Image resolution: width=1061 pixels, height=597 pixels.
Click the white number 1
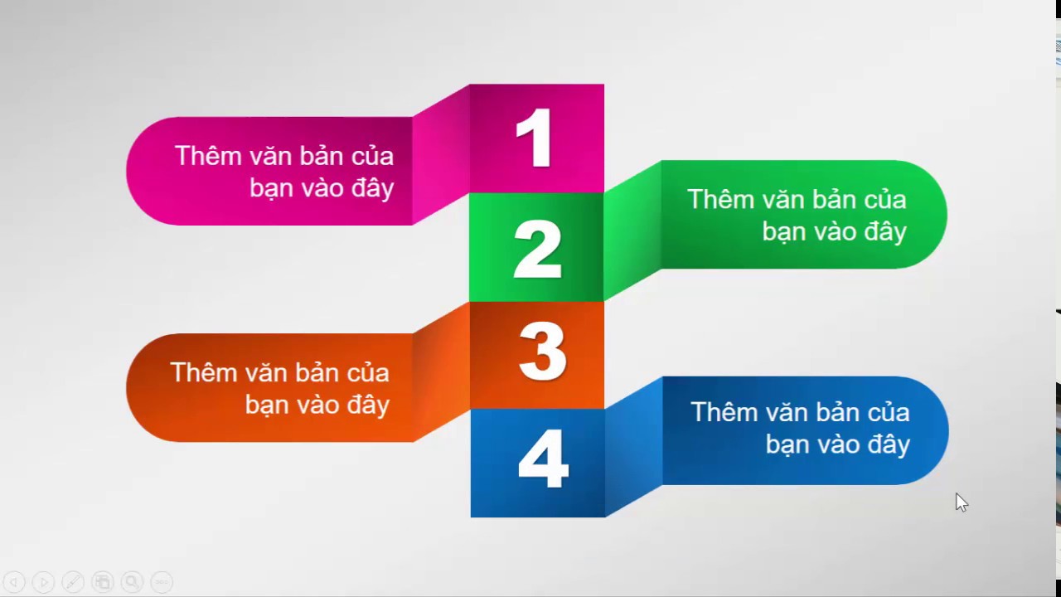[x=535, y=138]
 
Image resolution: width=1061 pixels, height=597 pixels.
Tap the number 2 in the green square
[x=538, y=250]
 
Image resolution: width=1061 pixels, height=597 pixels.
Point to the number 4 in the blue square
[x=543, y=459]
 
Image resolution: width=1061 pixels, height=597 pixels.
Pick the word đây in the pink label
[x=372, y=187]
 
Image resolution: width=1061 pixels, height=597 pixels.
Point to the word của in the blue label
[x=889, y=412]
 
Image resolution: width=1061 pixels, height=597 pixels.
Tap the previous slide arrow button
[x=14, y=582]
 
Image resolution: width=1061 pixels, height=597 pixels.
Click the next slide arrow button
[x=44, y=582]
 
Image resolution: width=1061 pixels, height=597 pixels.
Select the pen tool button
[x=73, y=582]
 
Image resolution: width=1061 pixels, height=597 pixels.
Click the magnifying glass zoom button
[x=132, y=582]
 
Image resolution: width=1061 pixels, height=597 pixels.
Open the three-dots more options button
[x=162, y=582]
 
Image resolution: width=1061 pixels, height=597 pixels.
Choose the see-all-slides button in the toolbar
[x=102, y=582]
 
